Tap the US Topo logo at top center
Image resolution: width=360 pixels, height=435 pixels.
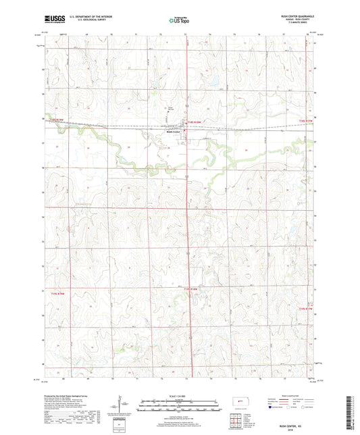click(x=179, y=21)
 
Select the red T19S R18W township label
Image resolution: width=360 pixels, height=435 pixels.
click(x=192, y=290)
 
